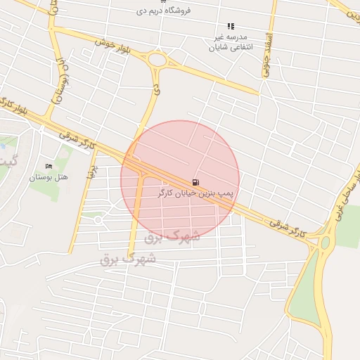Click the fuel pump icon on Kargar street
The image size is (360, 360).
click(x=195, y=181)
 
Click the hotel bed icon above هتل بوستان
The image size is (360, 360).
click(x=48, y=166)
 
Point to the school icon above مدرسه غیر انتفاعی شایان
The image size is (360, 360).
click(x=231, y=26)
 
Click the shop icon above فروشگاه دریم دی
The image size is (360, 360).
click(x=164, y=2)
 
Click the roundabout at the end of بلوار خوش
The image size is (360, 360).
click(x=157, y=60)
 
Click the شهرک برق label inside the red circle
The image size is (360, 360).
click(x=172, y=237)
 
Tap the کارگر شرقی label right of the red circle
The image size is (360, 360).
click(x=287, y=224)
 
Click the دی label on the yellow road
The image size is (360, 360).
click(x=156, y=89)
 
